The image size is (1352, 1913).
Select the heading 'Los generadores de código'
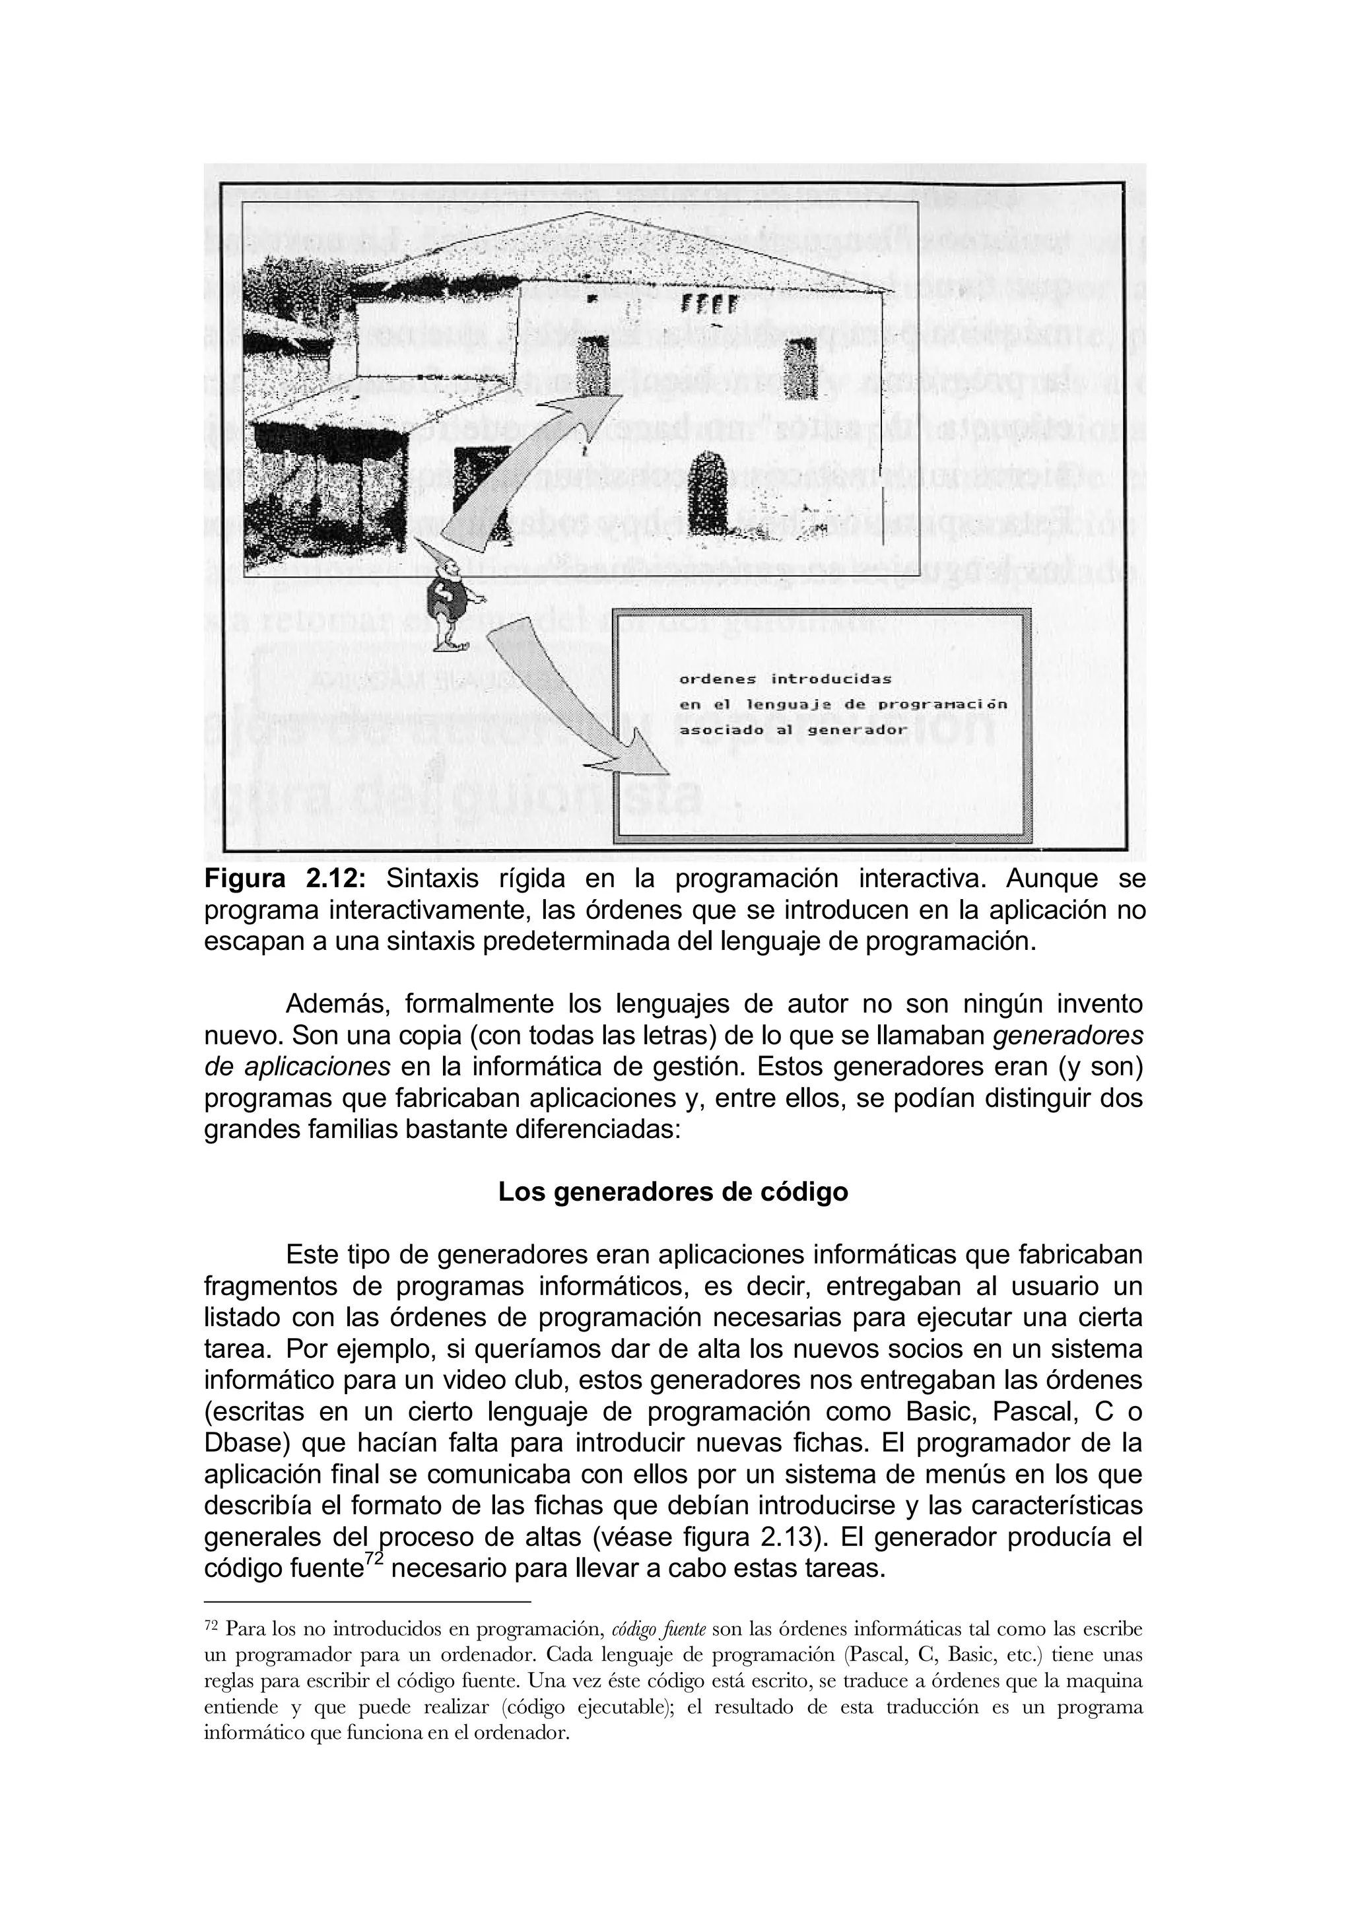(673, 1192)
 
